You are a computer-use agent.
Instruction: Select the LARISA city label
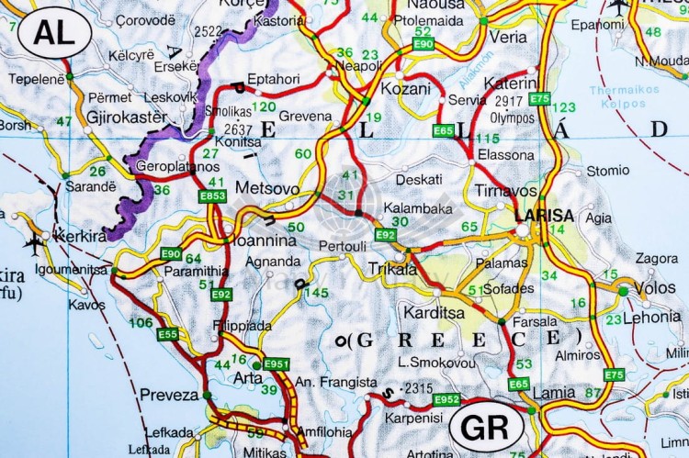(x=544, y=217)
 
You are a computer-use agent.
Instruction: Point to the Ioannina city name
(x=265, y=240)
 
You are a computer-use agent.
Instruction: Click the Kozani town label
(x=406, y=89)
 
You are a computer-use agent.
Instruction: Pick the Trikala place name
(x=392, y=270)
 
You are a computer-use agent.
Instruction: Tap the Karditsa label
(x=434, y=312)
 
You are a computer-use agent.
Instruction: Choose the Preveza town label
(x=168, y=395)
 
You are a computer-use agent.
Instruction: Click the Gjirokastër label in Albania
(x=127, y=117)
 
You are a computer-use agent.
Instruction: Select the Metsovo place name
(x=267, y=188)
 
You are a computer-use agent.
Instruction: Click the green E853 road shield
(x=213, y=196)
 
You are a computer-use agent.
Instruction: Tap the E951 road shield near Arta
(x=277, y=364)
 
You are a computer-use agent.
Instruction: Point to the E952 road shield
(x=446, y=399)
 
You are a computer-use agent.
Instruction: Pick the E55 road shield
(x=168, y=335)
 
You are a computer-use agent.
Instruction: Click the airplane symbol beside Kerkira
(x=35, y=244)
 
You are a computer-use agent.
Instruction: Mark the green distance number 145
(x=316, y=293)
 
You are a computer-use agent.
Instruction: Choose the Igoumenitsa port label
(x=72, y=269)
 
